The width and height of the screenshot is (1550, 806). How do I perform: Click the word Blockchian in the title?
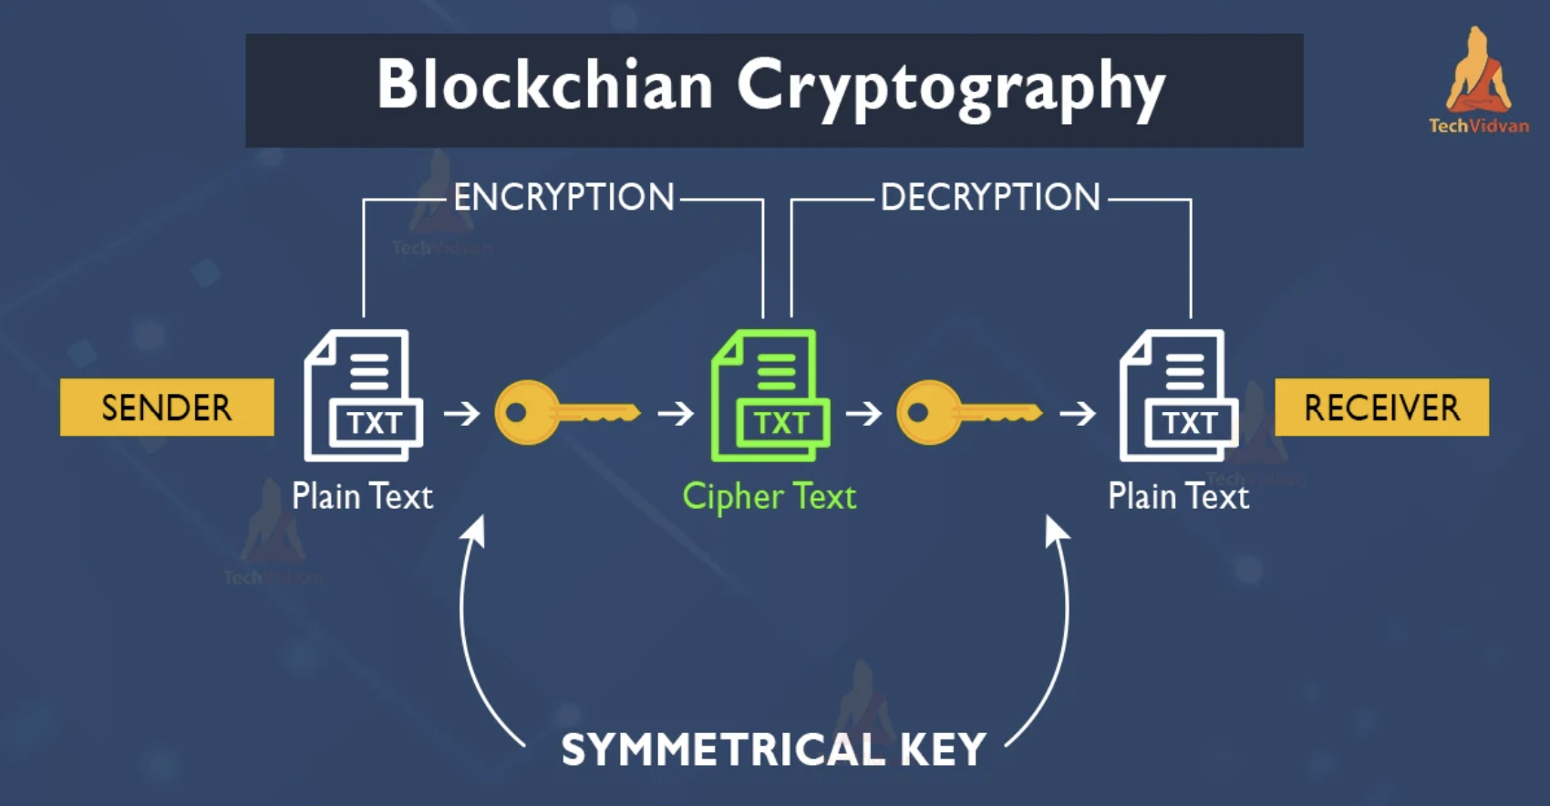point(544,85)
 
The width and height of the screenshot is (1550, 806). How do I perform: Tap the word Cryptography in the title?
point(951,88)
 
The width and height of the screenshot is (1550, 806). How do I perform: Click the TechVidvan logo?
point(1478,82)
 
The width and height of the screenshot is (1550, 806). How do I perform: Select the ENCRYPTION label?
point(563,198)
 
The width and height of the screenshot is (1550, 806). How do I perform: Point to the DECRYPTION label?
point(990,198)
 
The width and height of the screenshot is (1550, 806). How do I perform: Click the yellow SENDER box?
point(167,408)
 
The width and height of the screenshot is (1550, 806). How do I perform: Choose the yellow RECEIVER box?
point(1381,408)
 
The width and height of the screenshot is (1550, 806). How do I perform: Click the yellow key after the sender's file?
point(566,413)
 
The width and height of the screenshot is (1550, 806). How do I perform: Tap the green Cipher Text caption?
point(770,497)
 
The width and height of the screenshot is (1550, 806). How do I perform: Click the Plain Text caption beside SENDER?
point(362,497)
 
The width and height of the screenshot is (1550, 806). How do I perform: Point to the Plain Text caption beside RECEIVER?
point(1178,497)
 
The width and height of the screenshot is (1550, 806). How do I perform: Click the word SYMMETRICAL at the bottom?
point(722,750)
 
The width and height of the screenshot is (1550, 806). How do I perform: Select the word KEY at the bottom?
point(943,750)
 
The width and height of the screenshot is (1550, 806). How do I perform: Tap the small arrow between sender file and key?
point(462,413)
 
